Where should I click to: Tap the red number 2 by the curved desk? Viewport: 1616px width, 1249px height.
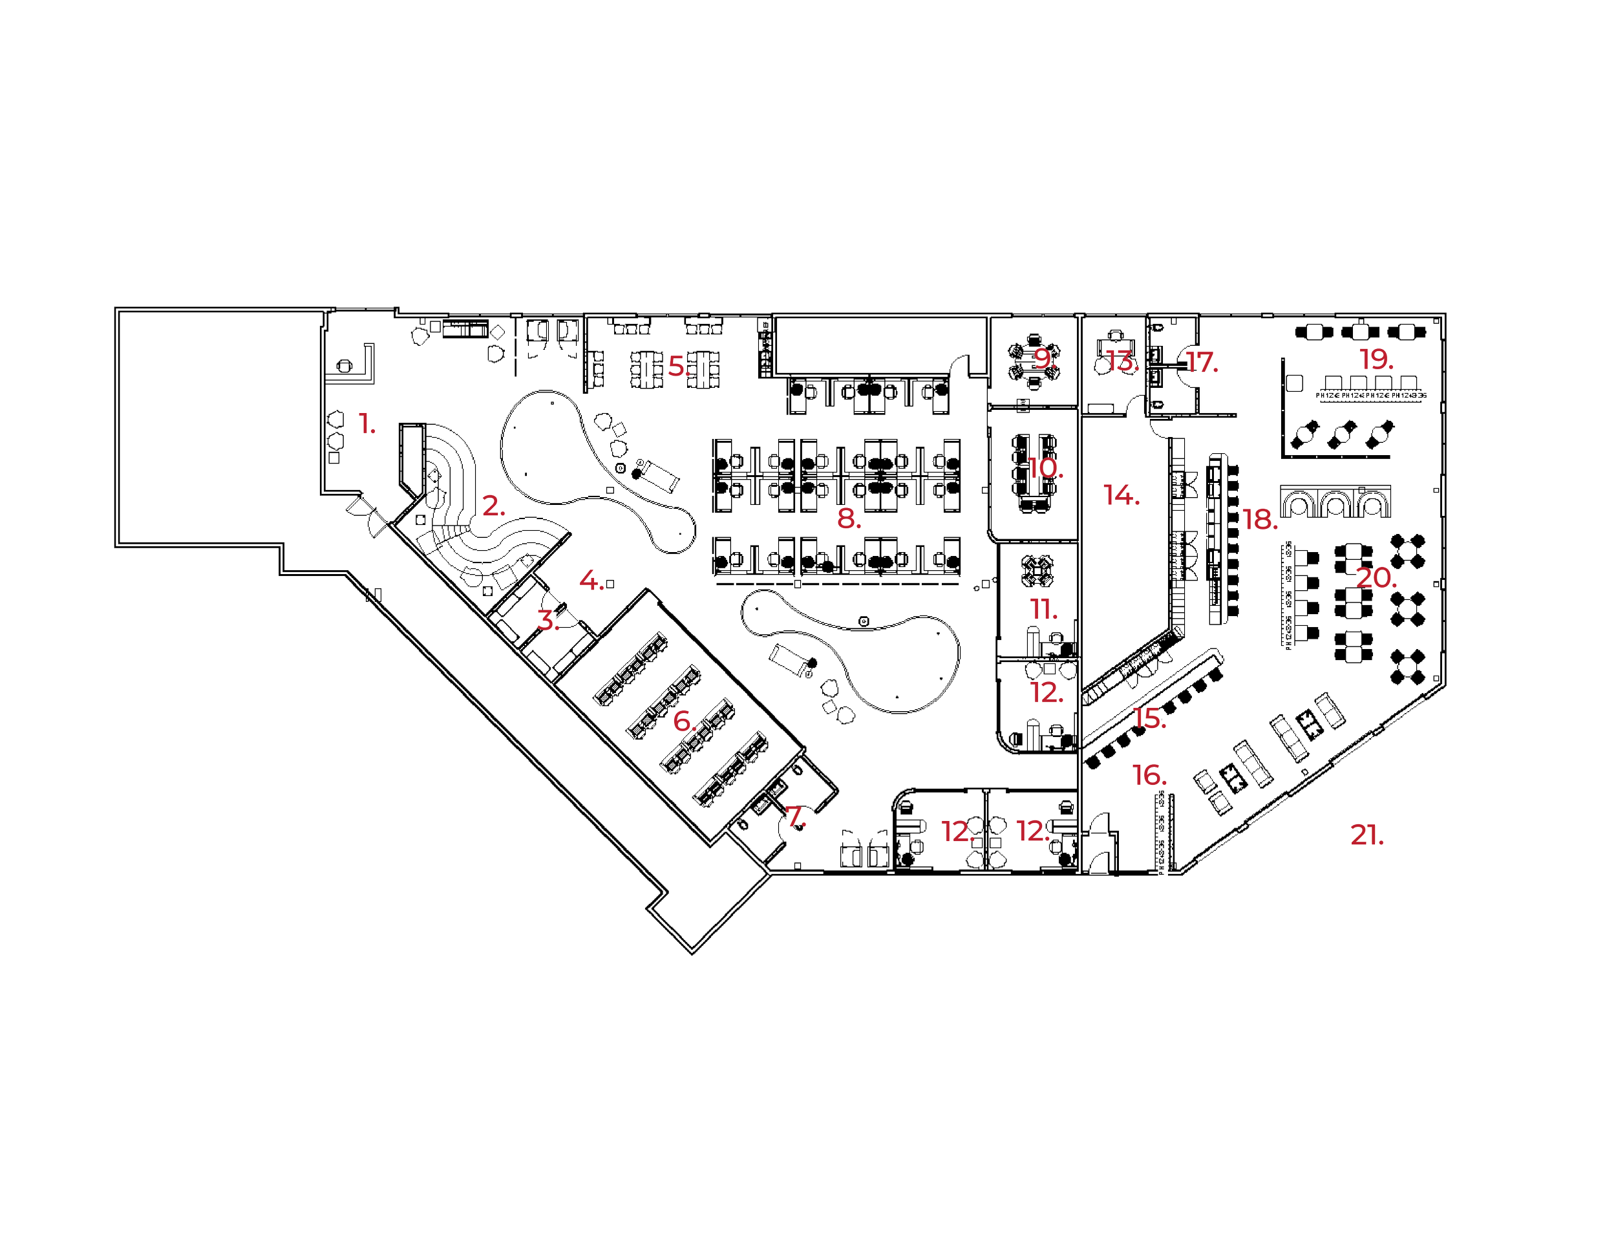tap(492, 506)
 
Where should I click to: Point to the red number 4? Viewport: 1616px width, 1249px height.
tap(590, 582)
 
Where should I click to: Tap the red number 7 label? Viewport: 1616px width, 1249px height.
tap(794, 817)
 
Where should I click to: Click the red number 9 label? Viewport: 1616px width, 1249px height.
tap(1043, 359)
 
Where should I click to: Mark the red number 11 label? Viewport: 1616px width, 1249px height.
tap(1043, 610)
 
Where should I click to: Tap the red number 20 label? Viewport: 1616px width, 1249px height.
tap(1374, 578)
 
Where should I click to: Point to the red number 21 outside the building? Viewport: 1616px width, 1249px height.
tap(1366, 835)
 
